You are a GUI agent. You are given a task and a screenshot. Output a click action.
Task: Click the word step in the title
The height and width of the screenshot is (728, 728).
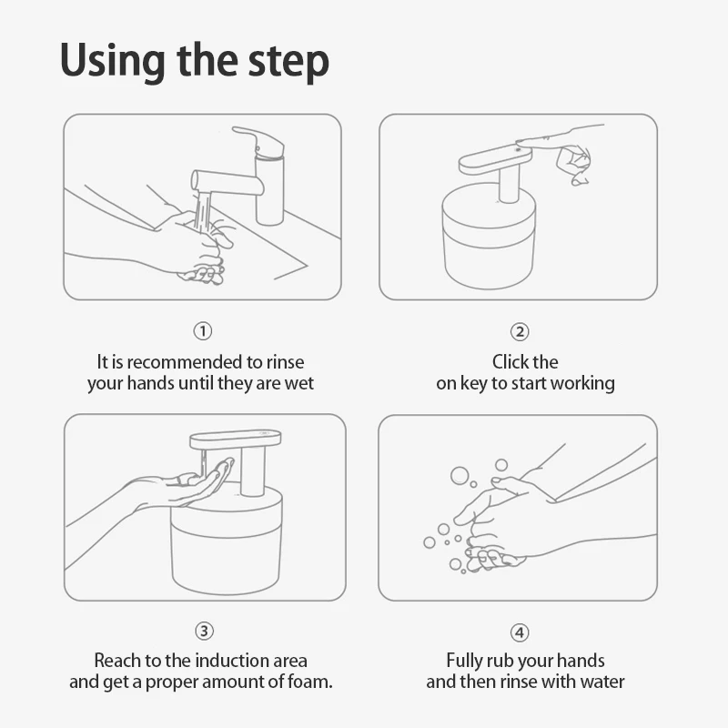tap(288, 64)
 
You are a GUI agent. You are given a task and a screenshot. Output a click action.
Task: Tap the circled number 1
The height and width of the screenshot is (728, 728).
tap(202, 331)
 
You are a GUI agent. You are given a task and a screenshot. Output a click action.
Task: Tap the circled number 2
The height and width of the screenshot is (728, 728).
tap(520, 331)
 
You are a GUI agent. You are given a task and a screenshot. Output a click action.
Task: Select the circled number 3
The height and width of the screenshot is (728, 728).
tap(204, 631)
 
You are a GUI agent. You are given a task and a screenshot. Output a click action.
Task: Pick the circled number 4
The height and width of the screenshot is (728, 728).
tap(520, 632)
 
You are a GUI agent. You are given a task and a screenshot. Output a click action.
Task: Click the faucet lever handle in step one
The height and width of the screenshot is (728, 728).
tap(258, 138)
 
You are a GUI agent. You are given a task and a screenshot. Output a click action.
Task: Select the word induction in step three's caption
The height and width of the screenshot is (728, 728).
tap(226, 661)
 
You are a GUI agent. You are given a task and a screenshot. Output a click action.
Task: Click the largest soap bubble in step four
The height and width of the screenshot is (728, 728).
tap(460, 475)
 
